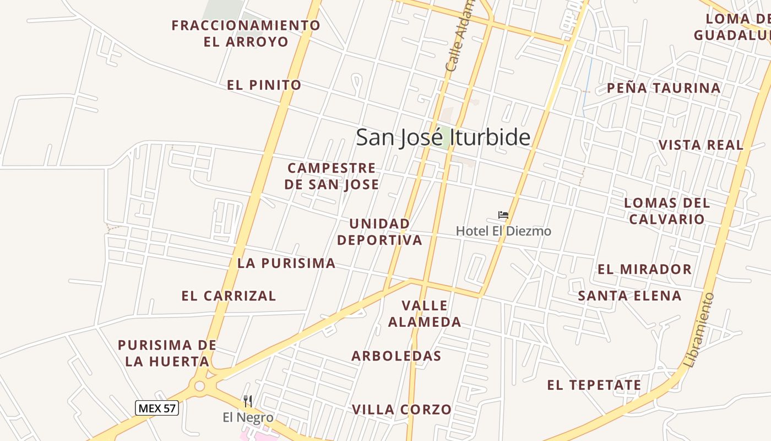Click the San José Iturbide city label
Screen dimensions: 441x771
tap(443, 137)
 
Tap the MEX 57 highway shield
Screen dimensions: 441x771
tap(157, 408)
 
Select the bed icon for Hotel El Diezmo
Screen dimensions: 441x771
tap(503, 215)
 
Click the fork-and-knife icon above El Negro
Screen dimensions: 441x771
tap(248, 401)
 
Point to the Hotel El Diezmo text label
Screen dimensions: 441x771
tap(503, 231)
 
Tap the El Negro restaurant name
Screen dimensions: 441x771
tap(248, 417)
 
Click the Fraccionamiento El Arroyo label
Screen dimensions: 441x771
tap(246, 33)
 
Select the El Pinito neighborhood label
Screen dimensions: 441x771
tap(264, 85)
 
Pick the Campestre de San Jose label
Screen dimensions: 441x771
tap(332, 176)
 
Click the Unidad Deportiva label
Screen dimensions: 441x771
tap(379, 232)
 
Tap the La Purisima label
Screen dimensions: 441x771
tap(286, 263)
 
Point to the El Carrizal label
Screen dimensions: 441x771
tap(229, 296)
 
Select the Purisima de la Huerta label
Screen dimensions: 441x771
tap(167, 353)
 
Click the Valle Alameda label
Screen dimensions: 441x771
tap(425, 314)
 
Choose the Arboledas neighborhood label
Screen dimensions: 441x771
tap(397, 356)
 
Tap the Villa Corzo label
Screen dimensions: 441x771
tap(401, 410)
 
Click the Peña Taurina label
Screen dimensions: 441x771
tap(664, 88)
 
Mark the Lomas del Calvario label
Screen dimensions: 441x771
tap(667, 211)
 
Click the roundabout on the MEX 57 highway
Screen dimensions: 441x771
tap(199, 386)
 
